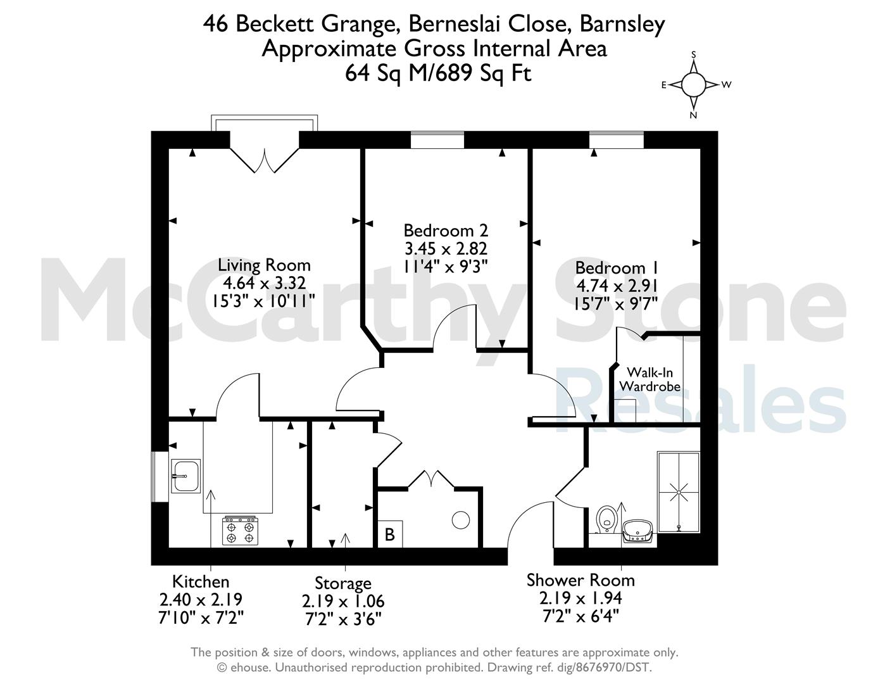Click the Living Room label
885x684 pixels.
coord(265,265)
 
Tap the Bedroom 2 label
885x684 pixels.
coord(446,231)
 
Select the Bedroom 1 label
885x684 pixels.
coord(617,268)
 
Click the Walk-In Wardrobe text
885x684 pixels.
coord(650,379)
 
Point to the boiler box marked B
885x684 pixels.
coord(390,534)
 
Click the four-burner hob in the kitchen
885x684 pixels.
coord(241,530)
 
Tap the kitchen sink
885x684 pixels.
coord(185,476)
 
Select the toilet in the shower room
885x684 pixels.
coord(606,519)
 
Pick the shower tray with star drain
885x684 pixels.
coord(679,491)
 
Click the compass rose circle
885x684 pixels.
coord(693,85)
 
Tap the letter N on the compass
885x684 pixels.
coord(693,115)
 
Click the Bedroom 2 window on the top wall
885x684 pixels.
coord(437,140)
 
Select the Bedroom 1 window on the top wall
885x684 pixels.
coord(616,140)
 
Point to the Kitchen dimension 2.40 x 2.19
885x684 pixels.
coord(201,599)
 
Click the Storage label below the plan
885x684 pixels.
coord(343,583)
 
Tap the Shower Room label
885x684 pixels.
coord(581,580)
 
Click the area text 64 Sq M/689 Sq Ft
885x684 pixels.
coord(438,73)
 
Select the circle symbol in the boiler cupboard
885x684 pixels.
coord(461,520)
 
